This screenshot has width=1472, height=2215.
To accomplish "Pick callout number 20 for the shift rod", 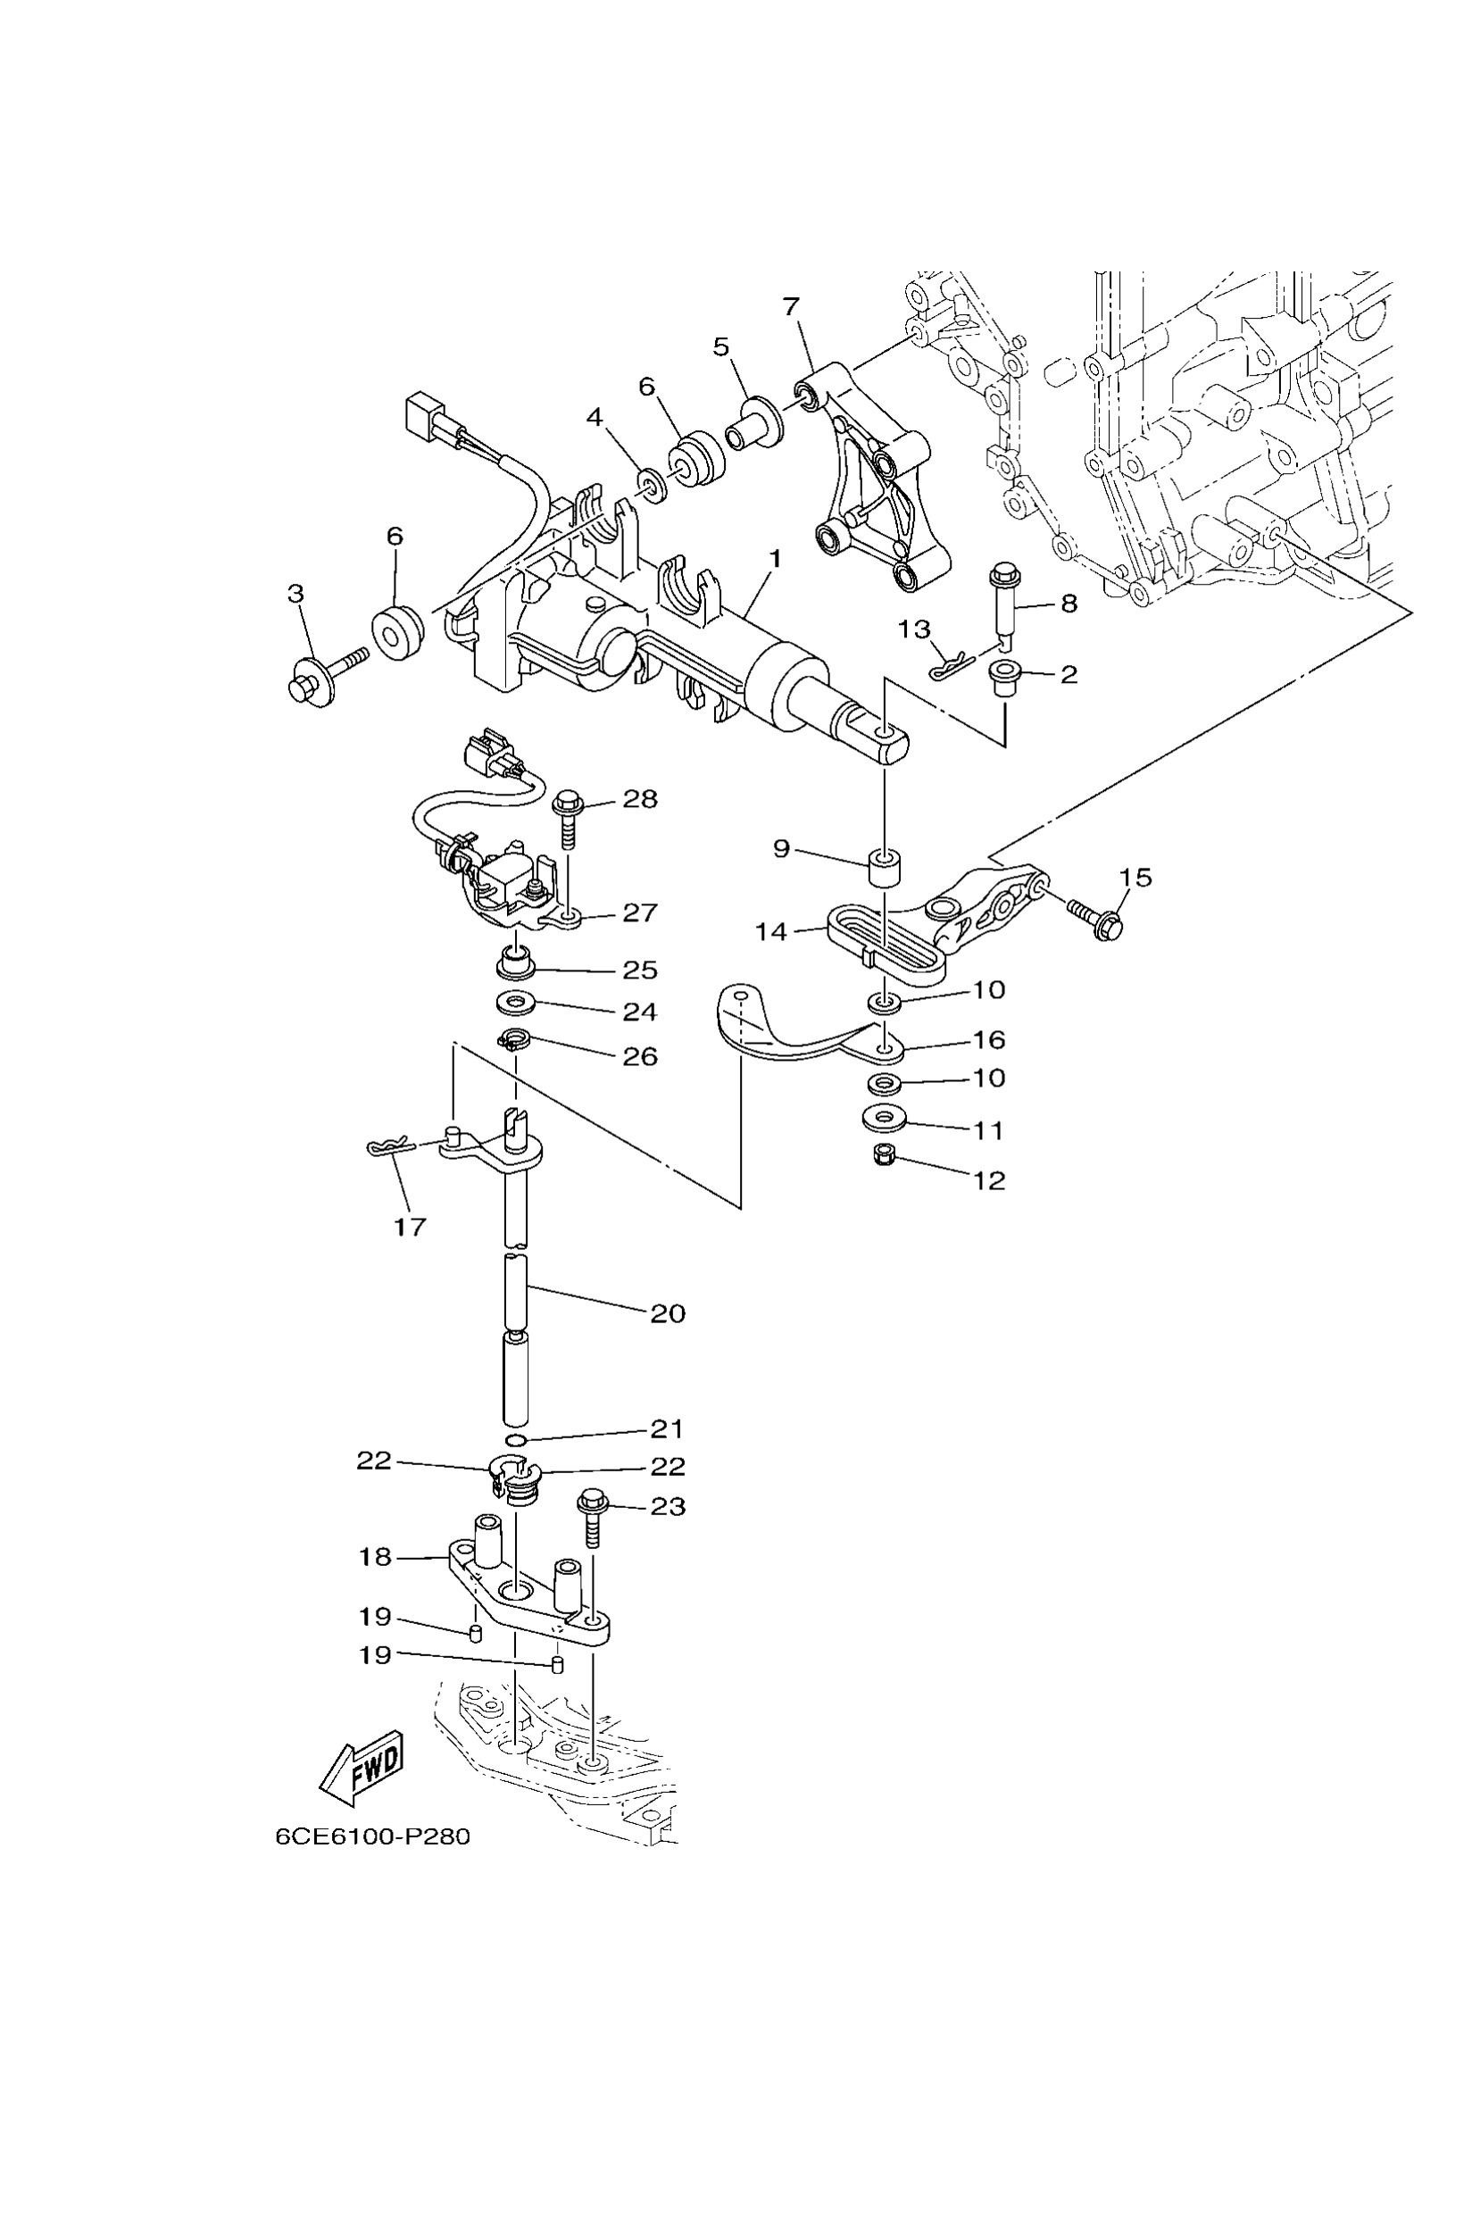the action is coord(668,1312).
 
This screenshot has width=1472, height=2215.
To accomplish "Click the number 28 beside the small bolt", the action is coord(640,799).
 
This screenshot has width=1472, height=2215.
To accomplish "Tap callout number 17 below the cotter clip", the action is coord(411,1227).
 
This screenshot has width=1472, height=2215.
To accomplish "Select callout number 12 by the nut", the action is coord(988,1180).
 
